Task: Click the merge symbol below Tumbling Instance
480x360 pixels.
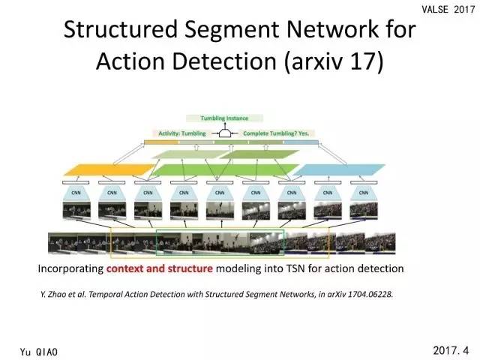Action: [223, 133]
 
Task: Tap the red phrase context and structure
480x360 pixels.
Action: [160, 268]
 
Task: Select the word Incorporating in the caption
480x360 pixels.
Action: [71, 268]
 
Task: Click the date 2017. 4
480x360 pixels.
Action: [450, 349]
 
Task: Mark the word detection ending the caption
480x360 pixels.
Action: [381, 268]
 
